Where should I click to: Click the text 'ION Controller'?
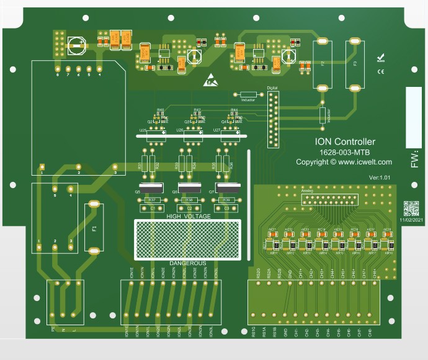(345, 142)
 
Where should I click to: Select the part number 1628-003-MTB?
(345, 152)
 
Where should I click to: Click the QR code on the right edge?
(411, 208)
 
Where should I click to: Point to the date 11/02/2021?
(411, 220)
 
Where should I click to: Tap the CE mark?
(380, 71)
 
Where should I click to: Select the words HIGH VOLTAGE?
(188, 216)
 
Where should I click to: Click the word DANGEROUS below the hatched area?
(188, 263)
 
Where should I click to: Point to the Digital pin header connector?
(273, 119)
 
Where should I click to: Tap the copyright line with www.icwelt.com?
(344, 162)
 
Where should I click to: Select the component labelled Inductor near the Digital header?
(247, 95)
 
